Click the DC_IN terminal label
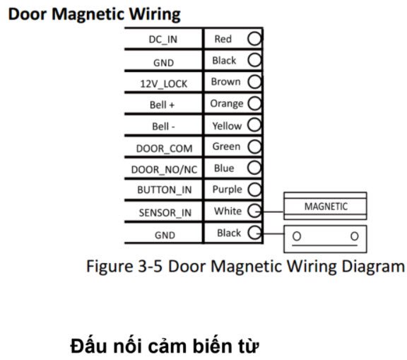[x=163, y=40]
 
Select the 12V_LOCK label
[x=163, y=84]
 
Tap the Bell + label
[x=163, y=105]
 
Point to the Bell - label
[x=163, y=127]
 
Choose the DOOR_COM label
[x=165, y=149]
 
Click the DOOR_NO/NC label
[x=165, y=170]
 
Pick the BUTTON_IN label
[x=165, y=190]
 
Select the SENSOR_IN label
[x=165, y=213]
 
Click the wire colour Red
[x=223, y=39]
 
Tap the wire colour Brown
[x=225, y=81]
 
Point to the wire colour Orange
[x=227, y=104]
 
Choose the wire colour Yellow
[x=227, y=126]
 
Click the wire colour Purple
[x=227, y=190]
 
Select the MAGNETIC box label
[x=326, y=207]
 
